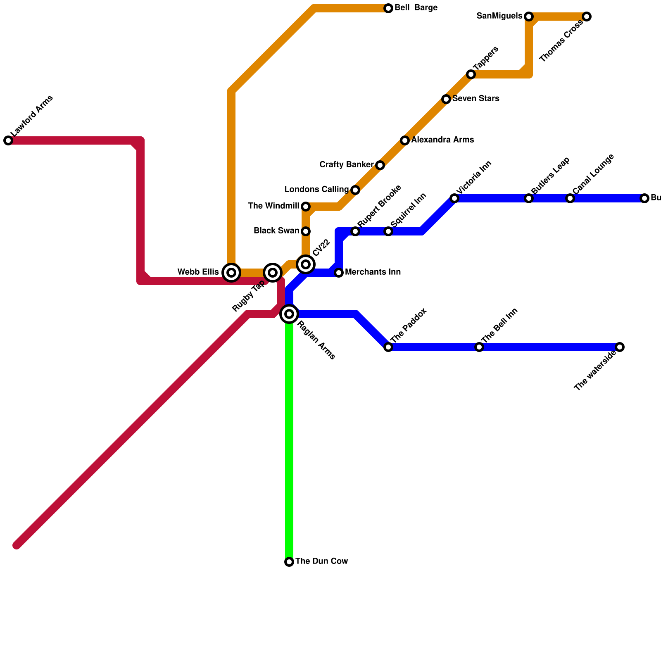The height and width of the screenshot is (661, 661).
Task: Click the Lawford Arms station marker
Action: click(x=8, y=140)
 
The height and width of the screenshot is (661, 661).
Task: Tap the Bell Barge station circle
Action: click(x=388, y=8)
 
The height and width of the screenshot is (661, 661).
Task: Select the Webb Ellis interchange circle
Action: click(x=231, y=273)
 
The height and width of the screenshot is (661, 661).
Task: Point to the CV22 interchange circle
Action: click(x=306, y=264)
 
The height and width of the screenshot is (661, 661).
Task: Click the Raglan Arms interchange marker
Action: click(x=289, y=314)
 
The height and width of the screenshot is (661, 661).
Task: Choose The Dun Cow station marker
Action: click(x=289, y=562)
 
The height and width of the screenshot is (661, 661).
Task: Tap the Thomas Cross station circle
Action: click(x=587, y=17)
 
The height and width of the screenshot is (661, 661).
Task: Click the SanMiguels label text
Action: click(x=499, y=16)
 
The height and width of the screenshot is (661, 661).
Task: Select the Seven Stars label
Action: click(x=476, y=99)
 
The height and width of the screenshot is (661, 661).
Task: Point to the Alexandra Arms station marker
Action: click(x=405, y=140)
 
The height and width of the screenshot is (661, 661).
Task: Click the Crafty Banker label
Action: click(x=347, y=165)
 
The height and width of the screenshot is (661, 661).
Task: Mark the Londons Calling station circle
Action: click(x=355, y=190)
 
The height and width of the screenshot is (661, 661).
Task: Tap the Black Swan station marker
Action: click(x=306, y=231)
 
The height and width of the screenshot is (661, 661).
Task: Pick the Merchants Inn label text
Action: click(x=373, y=272)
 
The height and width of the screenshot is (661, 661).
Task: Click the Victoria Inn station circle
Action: click(x=454, y=198)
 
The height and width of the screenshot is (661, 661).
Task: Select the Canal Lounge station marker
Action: click(x=570, y=198)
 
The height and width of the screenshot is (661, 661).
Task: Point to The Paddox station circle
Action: click(x=388, y=347)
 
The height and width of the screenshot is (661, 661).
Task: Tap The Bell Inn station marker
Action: click(x=479, y=347)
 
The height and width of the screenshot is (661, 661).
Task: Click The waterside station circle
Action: click(x=620, y=347)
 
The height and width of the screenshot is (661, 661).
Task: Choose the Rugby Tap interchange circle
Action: click(x=273, y=273)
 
